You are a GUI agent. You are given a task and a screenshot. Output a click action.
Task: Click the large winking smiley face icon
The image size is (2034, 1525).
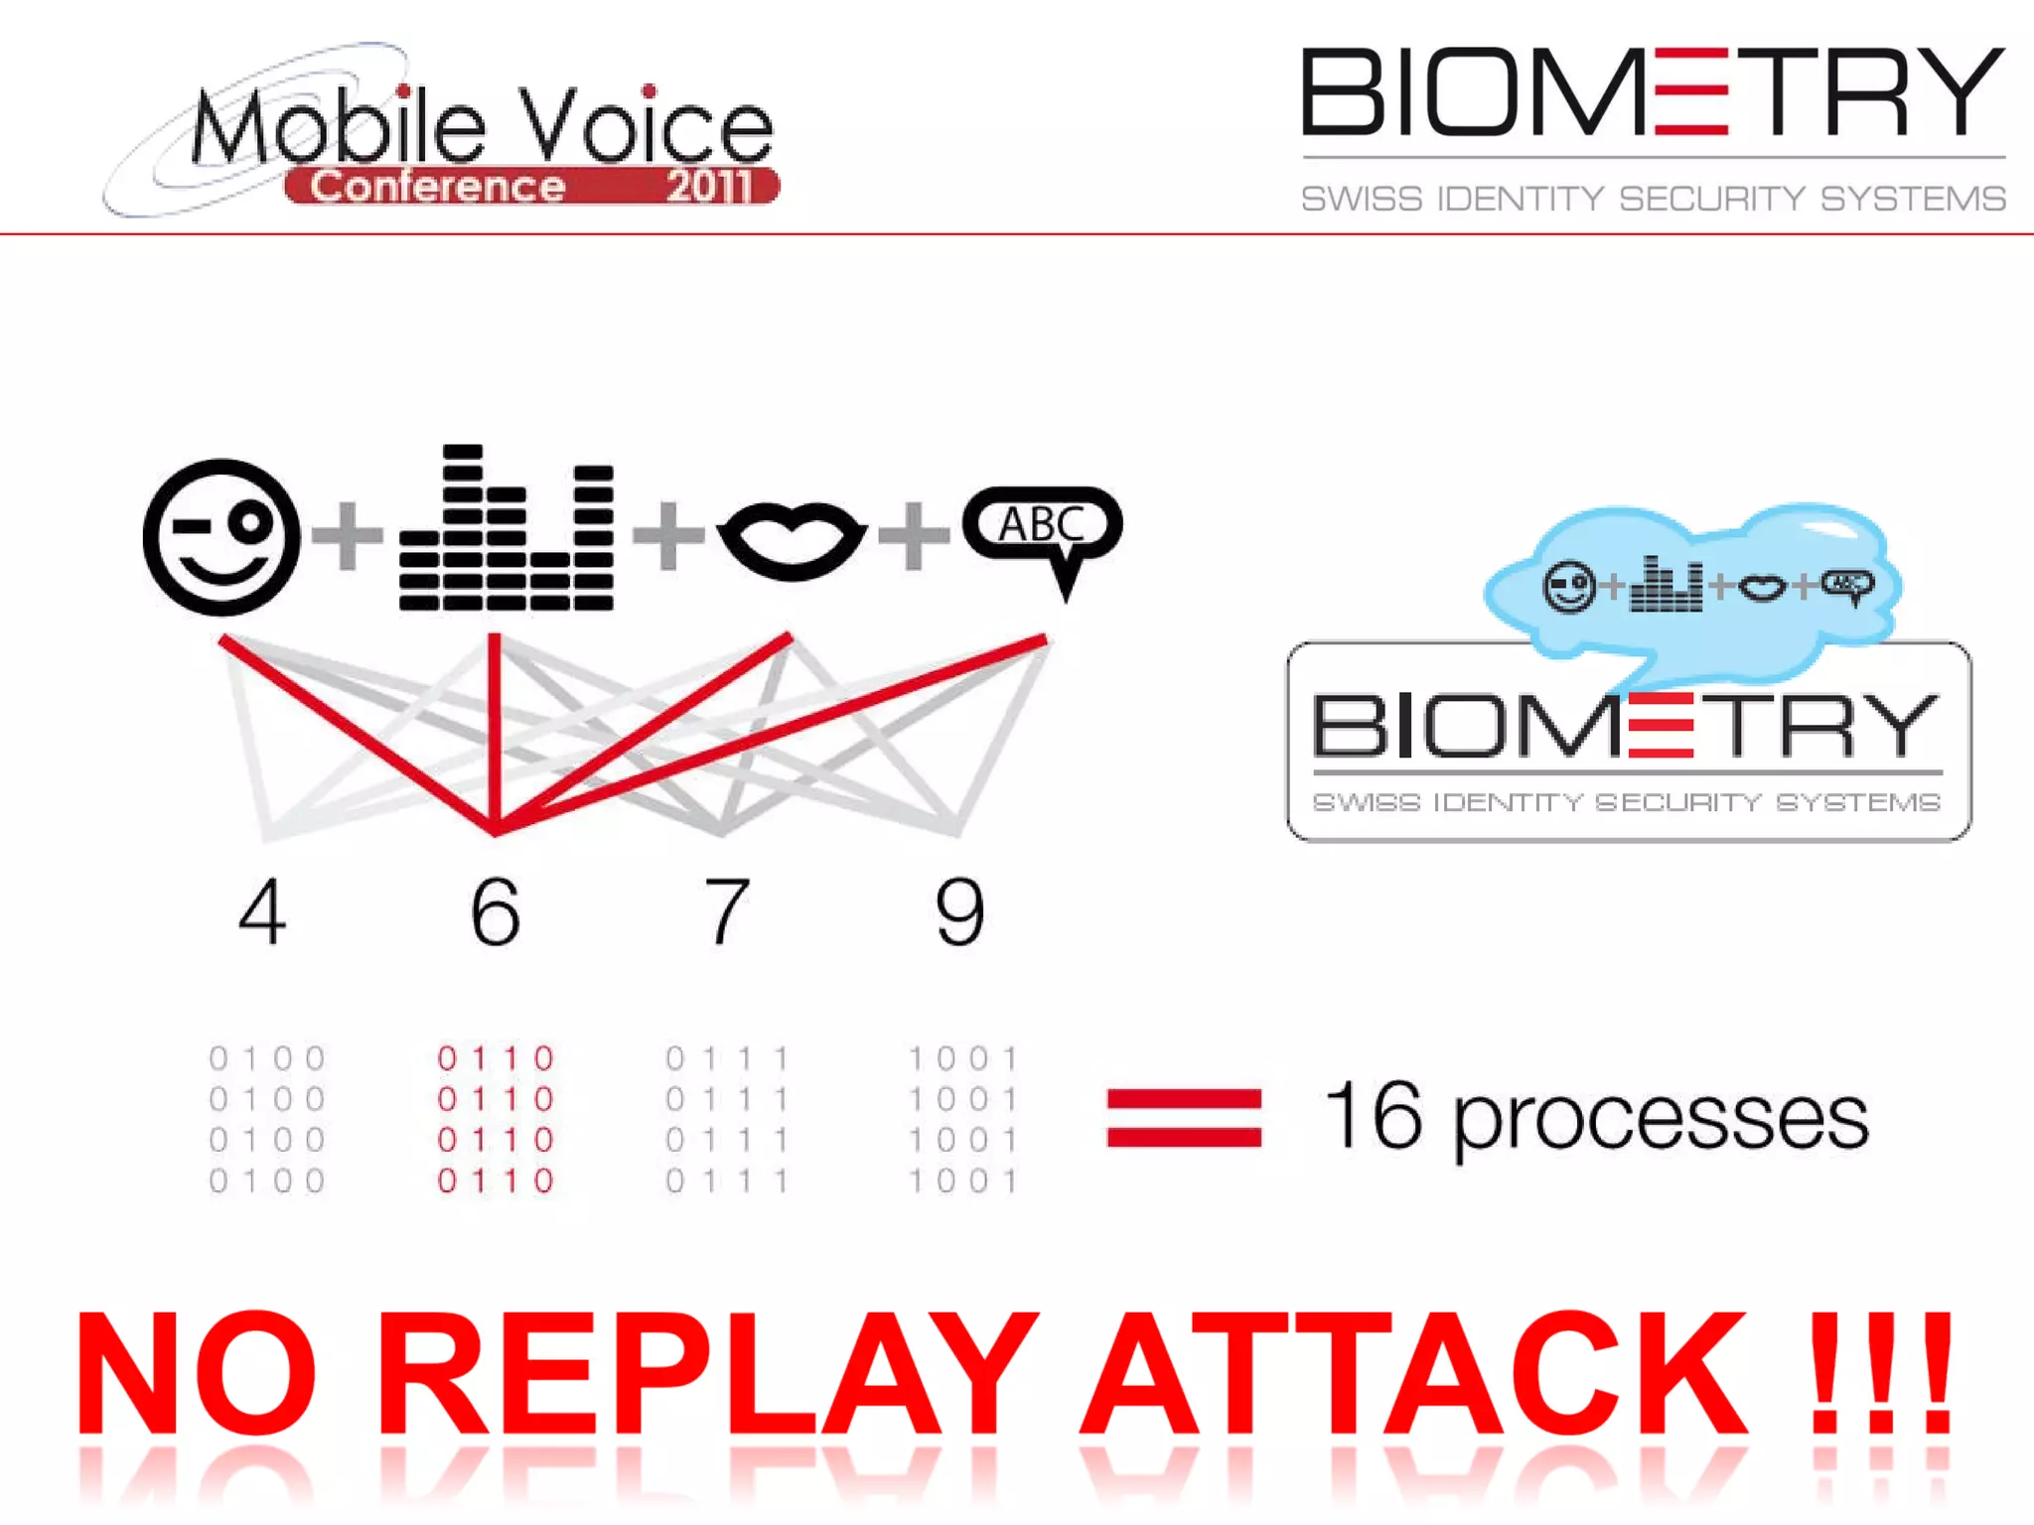click(x=221, y=537)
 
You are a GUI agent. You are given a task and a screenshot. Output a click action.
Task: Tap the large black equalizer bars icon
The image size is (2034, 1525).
click(x=507, y=529)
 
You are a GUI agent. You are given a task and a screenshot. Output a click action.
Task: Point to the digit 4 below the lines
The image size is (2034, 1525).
click(x=262, y=912)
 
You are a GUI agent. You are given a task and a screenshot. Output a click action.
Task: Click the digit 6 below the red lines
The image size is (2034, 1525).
click(x=495, y=912)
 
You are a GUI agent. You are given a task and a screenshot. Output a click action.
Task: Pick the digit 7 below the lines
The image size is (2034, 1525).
click(x=726, y=912)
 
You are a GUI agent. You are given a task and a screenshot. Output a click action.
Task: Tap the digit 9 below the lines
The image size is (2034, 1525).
click(x=959, y=912)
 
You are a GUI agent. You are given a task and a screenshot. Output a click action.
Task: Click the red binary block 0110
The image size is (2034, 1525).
click(x=495, y=1119)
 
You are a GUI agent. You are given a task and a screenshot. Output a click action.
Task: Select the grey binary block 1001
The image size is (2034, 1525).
click(x=962, y=1119)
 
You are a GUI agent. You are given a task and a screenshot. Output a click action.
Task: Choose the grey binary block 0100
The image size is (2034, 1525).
click(x=267, y=1119)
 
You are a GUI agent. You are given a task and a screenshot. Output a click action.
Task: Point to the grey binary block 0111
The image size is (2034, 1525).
click(x=727, y=1119)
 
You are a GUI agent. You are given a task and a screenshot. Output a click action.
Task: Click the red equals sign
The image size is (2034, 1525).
click(x=1184, y=1118)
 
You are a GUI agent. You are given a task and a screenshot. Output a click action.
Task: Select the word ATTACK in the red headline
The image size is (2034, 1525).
click(x=1414, y=1374)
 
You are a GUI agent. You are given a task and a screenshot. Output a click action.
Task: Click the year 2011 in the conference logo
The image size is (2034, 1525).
click(x=709, y=187)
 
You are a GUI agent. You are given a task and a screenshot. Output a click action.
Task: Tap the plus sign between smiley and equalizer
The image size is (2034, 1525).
click(x=347, y=536)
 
